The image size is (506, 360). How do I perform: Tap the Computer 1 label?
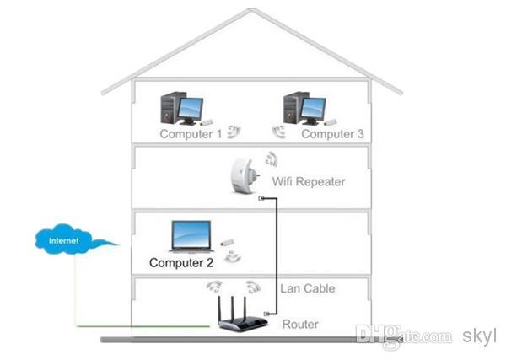(191, 134)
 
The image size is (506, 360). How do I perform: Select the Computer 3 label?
(332, 134)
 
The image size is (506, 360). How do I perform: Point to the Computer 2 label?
(181, 262)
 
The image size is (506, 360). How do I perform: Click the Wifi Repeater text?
(309, 181)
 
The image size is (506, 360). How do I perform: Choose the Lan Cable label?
(308, 288)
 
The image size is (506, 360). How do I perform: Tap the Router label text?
(300, 325)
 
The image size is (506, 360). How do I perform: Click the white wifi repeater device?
(245, 175)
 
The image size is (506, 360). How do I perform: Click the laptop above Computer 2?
(191, 237)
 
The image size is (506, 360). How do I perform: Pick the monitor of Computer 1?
(191, 110)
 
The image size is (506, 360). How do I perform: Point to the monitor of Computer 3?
(313, 110)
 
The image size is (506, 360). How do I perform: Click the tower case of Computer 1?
(170, 108)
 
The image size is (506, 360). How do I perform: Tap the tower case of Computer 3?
(293, 108)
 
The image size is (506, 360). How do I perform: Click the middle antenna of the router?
(233, 308)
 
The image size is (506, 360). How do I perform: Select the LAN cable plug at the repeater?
(261, 198)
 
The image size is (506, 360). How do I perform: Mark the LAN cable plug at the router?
(266, 314)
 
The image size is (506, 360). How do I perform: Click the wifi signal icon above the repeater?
(272, 159)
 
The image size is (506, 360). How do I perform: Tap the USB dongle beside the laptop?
(227, 243)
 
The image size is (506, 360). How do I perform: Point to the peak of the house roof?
(250, 9)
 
